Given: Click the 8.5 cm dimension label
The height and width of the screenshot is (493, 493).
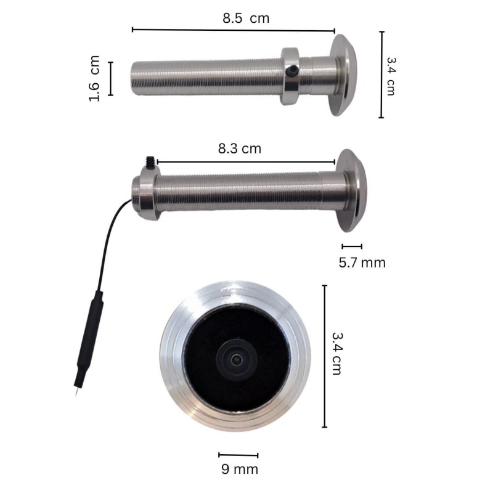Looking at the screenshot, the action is coord(246,18).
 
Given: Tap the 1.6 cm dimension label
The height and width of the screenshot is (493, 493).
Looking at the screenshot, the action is coord(94,79).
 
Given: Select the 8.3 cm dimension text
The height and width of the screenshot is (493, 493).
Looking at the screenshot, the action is coord(240,149).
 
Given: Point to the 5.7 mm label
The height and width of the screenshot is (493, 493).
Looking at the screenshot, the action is coord(362,263).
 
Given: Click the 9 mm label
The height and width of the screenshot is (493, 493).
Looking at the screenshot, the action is coord(240,469).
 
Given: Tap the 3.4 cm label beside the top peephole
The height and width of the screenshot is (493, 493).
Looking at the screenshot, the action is coord(391,76).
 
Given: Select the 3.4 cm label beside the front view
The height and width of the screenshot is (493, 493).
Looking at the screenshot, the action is coord(336,354).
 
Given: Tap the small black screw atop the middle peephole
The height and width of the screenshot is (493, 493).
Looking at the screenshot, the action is coord(150,161).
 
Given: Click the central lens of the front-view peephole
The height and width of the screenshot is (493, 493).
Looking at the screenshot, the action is coord(235,359).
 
